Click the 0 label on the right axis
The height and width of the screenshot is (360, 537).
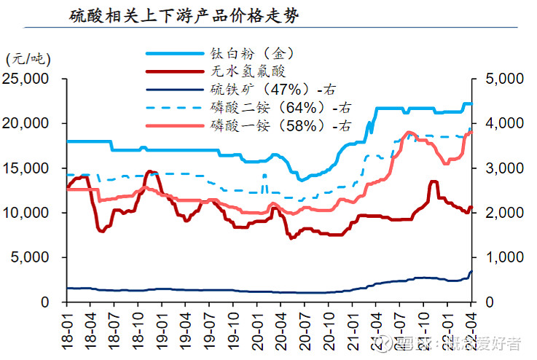click(x=487, y=302)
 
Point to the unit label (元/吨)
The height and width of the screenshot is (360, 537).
click(x=25, y=58)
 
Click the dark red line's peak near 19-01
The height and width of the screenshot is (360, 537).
click(x=150, y=172)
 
